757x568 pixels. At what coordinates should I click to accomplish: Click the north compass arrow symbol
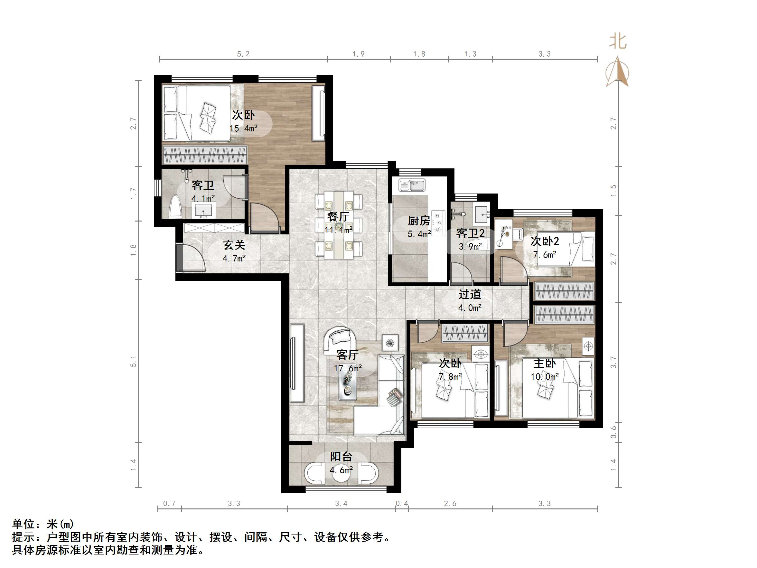(x=617, y=72)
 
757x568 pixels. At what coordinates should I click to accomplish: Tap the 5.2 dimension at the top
(x=243, y=54)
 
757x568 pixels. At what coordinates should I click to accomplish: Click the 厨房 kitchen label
(x=419, y=221)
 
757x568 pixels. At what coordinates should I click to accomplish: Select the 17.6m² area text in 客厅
(x=348, y=368)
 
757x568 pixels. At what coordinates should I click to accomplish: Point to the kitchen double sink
(x=412, y=185)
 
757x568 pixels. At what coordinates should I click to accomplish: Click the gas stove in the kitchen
(x=438, y=223)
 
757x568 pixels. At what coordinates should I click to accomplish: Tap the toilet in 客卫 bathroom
(x=175, y=207)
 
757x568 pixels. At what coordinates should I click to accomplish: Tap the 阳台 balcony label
(x=341, y=456)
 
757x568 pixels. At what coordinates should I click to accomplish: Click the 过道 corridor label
(x=470, y=294)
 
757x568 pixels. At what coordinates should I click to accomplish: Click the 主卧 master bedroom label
(x=545, y=363)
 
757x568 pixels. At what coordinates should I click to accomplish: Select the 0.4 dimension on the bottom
(x=402, y=504)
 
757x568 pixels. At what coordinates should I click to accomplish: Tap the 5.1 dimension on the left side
(x=133, y=362)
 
